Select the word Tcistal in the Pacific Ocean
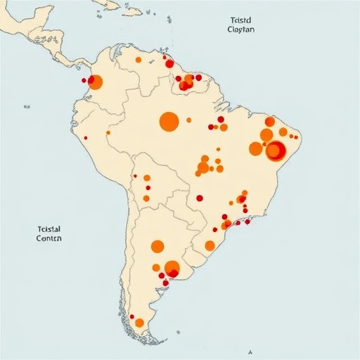pyautogui.click(x=49, y=229)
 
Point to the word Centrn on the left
pyautogui.click(x=49, y=238)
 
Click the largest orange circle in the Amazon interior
pyautogui.click(x=169, y=121)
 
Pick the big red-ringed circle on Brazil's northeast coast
pyautogui.click(x=276, y=150)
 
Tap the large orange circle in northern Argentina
pyautogui.click(x=157, y=246)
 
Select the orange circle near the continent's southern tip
pyautogui.click(x=139, y=323)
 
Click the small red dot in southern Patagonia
pyautogui.click(x=131, y=316)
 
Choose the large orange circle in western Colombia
pyautogui.click(x=96, y=82)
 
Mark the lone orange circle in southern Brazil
pyautogui.click(x=210, y=245)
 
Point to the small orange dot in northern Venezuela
pyautogui.click(x=139, y=60)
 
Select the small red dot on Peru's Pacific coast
pyautogui.click(x=86, y=138)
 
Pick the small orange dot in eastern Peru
pyautogui.click(x=108, y=132)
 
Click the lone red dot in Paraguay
pyautogui.click(x=200, y=198)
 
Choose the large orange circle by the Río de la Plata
pyautogui.click(x=172, y=268)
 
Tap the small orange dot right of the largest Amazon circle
pyautogui.click(x=189, y=120)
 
